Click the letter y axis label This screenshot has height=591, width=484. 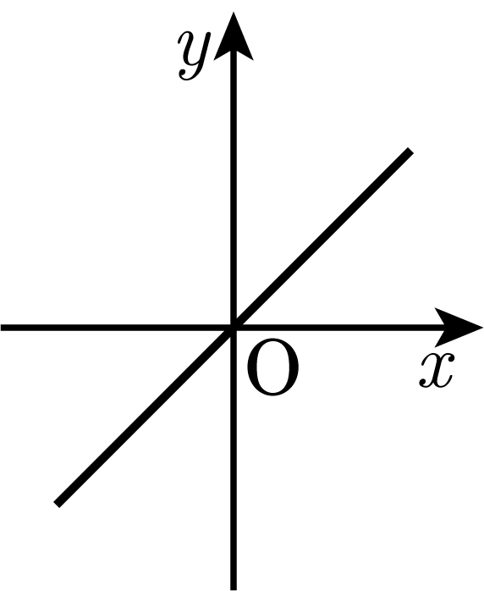click(x=194, y=55)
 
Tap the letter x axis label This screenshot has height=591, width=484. click(x=437, y=371)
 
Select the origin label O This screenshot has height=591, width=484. click(x=273, y=367)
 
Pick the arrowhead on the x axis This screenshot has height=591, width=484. click(x=459, y=327)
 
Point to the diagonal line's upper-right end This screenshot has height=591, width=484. click(x=410, y=152)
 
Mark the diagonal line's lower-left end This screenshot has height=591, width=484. click(x=57, y=504)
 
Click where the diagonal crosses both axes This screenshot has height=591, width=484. click(x=234, y=328)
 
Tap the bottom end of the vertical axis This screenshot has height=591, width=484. click(x=234, y=589)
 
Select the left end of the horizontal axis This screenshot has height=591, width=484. click(x=2, y=328)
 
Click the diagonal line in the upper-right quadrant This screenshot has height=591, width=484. click(x=322, y=240)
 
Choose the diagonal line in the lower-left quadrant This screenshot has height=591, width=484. click(x=145, y=416)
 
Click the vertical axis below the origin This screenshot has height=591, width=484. click(x=234, y=458)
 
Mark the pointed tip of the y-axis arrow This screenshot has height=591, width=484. click(x=234, y=12)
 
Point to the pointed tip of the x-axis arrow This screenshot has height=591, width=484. click(x=482, y=327)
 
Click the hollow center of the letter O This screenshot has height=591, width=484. click(x=273, y=367)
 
